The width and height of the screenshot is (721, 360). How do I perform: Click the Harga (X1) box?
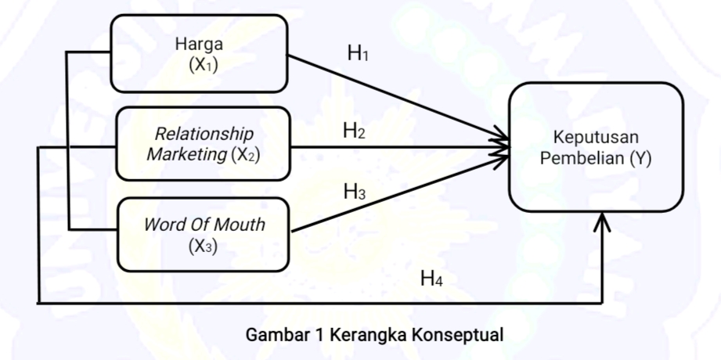click(x=200, y=53)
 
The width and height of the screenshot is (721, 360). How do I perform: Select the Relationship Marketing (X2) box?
click(x=202, y=144)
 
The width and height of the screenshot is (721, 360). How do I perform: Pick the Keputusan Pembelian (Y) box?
click(x=596, y=146)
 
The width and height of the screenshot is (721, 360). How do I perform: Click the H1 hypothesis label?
click(x=358, y=54)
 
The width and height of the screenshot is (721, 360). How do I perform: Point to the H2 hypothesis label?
click(x=354, y=131)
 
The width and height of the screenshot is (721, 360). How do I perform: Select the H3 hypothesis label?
click(x=355, y=190)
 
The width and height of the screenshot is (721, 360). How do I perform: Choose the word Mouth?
click(x=240, y=225)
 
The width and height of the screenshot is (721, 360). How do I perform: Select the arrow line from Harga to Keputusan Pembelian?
click(x=399, y=100)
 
